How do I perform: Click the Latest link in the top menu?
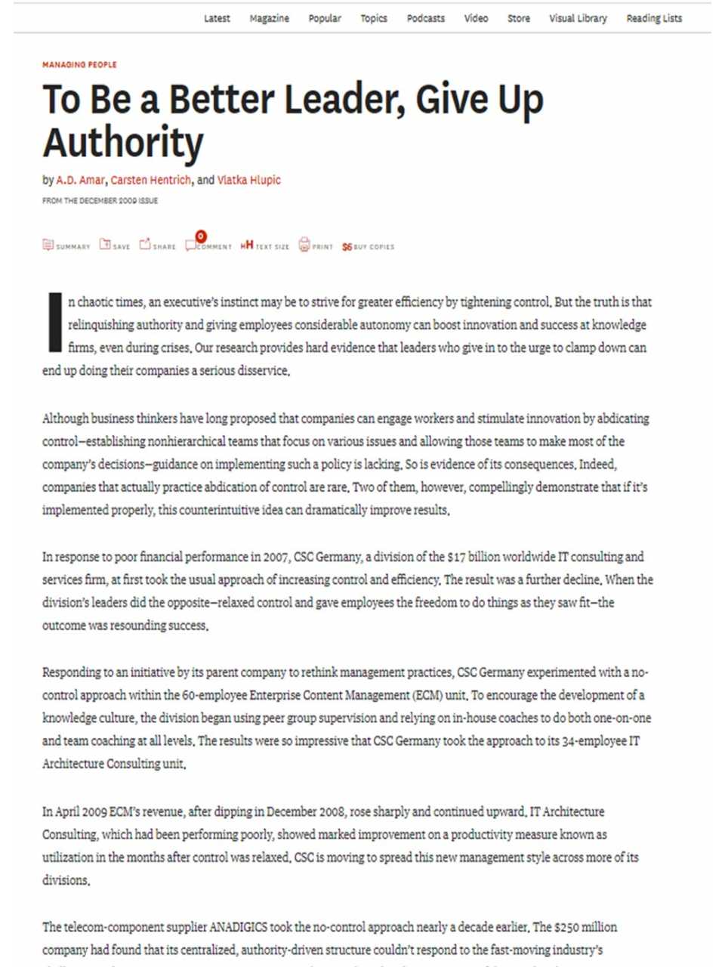(217, 18)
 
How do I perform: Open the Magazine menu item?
(269, 18)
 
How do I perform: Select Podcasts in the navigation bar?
(425, 18)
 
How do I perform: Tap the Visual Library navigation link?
(578, 18)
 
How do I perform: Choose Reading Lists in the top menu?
(654, 18)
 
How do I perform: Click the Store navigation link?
(518, 18)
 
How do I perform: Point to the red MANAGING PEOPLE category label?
(79, 65)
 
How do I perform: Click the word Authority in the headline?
(123, 143)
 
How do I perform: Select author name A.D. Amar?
(80, 180)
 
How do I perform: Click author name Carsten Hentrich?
(151, 180)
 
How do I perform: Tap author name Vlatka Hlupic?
(249, 180)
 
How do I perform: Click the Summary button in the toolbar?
(66, 246)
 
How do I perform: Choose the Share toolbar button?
(157, 246)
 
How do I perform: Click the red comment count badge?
(200, 236)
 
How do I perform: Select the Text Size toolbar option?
(264, 246)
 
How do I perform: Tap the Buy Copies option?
(368, 246)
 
